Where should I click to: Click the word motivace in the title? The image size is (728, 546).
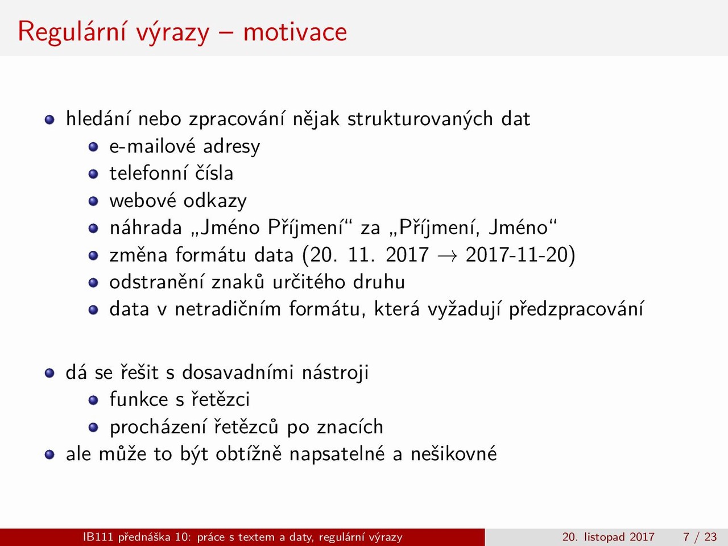pyautogui.click(x=295, y=32)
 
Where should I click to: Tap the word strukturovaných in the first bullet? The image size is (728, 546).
pyautogui.click(x=420, y=119)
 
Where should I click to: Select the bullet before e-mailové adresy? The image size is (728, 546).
pyautogui.click(x=93, y=147)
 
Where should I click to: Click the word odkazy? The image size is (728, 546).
pyautogui.click(x=215, y=201)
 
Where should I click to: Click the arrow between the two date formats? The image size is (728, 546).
pyautogui.click(x=448, y=256)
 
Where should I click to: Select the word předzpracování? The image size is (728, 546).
pyautogui.click(x=577, y=309)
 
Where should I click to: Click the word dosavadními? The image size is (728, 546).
pyautogui.click(x=238, y=373)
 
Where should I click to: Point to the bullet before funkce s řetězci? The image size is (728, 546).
pyautogui.click(x=93, y=400)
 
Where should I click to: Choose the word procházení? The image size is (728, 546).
pyautogui.click(x=158, y=427)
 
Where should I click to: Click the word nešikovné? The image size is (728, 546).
pyautogui.click(x=454, y=454)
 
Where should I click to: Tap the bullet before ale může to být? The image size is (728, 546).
pyautogui.click(x=49, y=454)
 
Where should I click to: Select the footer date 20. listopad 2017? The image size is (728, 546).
pyautogui.click(x=608, y=537)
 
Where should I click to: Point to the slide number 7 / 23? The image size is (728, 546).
pyautogui.click(x=700, y=537)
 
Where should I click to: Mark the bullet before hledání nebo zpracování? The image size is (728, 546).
pyautogui.click(x=49, y=119)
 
